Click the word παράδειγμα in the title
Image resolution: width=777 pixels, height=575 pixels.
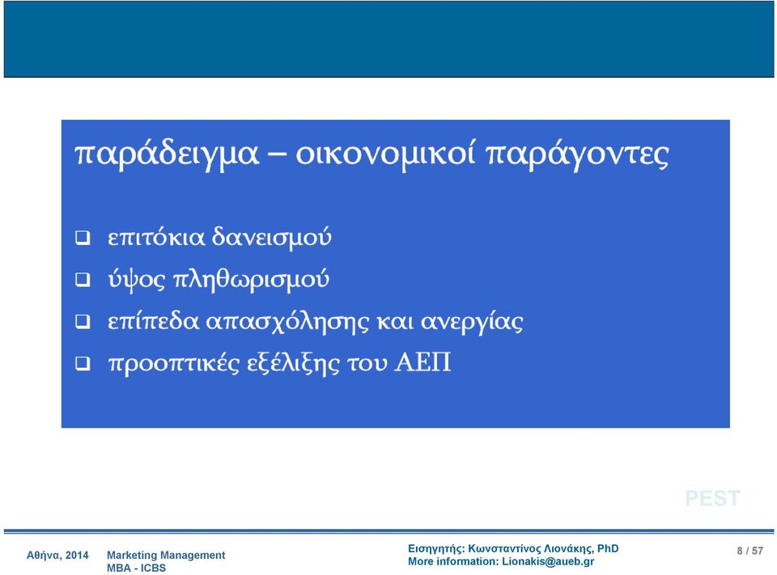(x=167, y=154)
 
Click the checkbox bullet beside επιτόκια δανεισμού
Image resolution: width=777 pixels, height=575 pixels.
(x=83, y=239)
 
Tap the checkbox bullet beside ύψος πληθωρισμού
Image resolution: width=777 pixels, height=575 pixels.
(x=83, y=280)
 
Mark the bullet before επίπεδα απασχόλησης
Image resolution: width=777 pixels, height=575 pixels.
(x=83, y=322)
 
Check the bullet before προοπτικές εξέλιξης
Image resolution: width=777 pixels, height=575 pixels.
(x=83, y=364)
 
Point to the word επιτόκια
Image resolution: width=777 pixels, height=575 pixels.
(x=156, y=237)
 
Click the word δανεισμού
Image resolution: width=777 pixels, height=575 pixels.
(x=272, y=237)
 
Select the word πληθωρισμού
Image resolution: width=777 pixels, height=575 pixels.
(x=251, y=280)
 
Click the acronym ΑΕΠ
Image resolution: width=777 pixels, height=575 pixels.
(x=422, y=362)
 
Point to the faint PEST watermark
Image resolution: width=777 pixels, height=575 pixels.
(x=712, y=498)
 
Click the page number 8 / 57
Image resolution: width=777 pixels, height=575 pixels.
(x=749, y=551)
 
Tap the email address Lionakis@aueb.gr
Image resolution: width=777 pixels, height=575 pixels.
(x=548, y=561)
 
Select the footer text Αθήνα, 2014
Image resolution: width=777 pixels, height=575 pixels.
(x=57, y=556)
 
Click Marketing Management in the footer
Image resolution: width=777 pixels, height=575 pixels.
(x=166, y=556)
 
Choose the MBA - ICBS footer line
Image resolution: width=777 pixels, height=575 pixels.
(x=136, y=568)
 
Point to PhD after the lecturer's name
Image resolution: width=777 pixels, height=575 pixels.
(x=608, y=549)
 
